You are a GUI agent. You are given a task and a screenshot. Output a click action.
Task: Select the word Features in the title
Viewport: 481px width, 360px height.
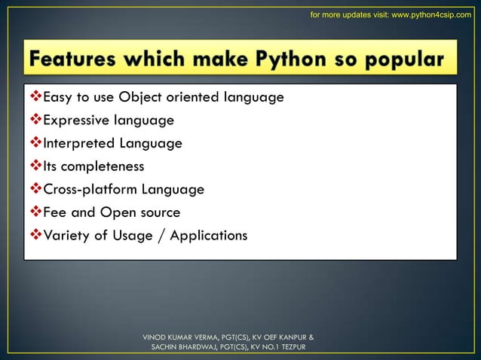click(x=81, y=58)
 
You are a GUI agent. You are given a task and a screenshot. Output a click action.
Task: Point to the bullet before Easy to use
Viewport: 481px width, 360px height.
click(x=35, y=96)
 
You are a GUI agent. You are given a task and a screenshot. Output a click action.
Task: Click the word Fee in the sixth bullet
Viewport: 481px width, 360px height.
click(x=55, y=212)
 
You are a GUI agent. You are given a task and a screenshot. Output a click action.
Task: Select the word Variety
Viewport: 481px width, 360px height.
click(x=66, y=236)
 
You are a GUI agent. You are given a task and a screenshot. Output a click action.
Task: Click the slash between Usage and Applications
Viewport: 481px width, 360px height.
click(x=161, y=236)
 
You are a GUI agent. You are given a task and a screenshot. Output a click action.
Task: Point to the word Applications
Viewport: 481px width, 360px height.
click(x=208, y=236)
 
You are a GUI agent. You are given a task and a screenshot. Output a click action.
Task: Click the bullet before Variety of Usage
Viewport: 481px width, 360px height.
click(x=35, y=236)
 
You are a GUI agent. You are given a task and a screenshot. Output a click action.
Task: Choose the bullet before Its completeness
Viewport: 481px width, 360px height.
click(x=35, y=166)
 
